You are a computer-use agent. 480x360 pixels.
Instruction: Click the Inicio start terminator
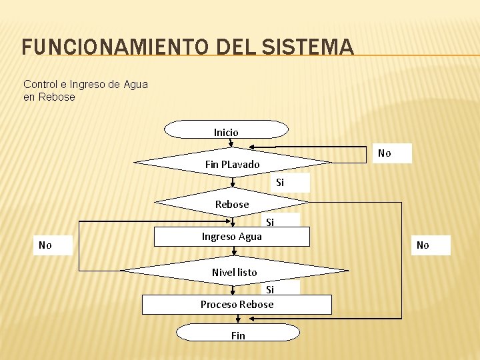pyautogui.click(x=226, y=129)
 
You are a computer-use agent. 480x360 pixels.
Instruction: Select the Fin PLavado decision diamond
pyautogui.click(x=232, y=163)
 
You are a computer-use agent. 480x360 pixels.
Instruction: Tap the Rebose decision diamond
pyautogui.click(x=232, y=203)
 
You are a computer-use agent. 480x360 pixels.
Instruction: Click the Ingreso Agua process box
pyautogui.click(x=232, y=237)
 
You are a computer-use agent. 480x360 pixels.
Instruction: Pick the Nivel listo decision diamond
pyautogui.click(x=234, y=271)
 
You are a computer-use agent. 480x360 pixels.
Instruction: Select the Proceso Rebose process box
pyautogui.click(x=237, y=305)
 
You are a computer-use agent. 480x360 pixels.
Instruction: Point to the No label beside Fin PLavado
pyautogui.click(x=385, y=153)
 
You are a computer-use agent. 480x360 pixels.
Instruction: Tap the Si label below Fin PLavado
pyautogui.click(x=280, y=183)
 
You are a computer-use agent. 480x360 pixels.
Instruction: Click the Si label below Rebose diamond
pyautogui.click(x=270, y=222)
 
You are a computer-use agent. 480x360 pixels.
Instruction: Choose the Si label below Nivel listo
pyautogui.click(x=270, y=289)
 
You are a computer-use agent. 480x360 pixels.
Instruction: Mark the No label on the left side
pyautogui.click(x=45, y=245)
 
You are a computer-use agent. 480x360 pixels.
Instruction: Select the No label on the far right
pyautogui.click(x=423, y=245)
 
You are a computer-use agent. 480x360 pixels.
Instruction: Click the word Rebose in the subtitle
pyautogui.click(x=57, y=97)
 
